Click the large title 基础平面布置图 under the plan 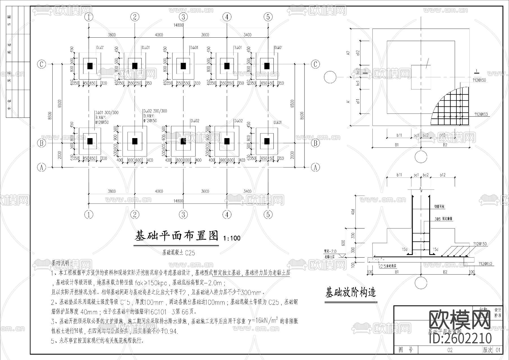click(x=177, y=236)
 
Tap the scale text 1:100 click(x=232, y=238)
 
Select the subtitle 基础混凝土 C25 click(x=178, y=252)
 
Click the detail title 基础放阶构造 click(x=351, y=292)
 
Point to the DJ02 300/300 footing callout click(x=155, y=111)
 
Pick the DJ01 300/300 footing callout click(x=107, y=113)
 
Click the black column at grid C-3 click(x=183, y=66)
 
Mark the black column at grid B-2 click(x=135, y=141)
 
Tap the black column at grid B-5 click(x=267, y=141)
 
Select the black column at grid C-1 click(x=90, y=66)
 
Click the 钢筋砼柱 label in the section click(x=439, y=207)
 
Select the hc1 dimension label click(x=358, y=83)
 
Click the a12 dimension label click(x=358, y=53)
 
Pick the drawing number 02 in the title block click(x=450, y=350)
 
